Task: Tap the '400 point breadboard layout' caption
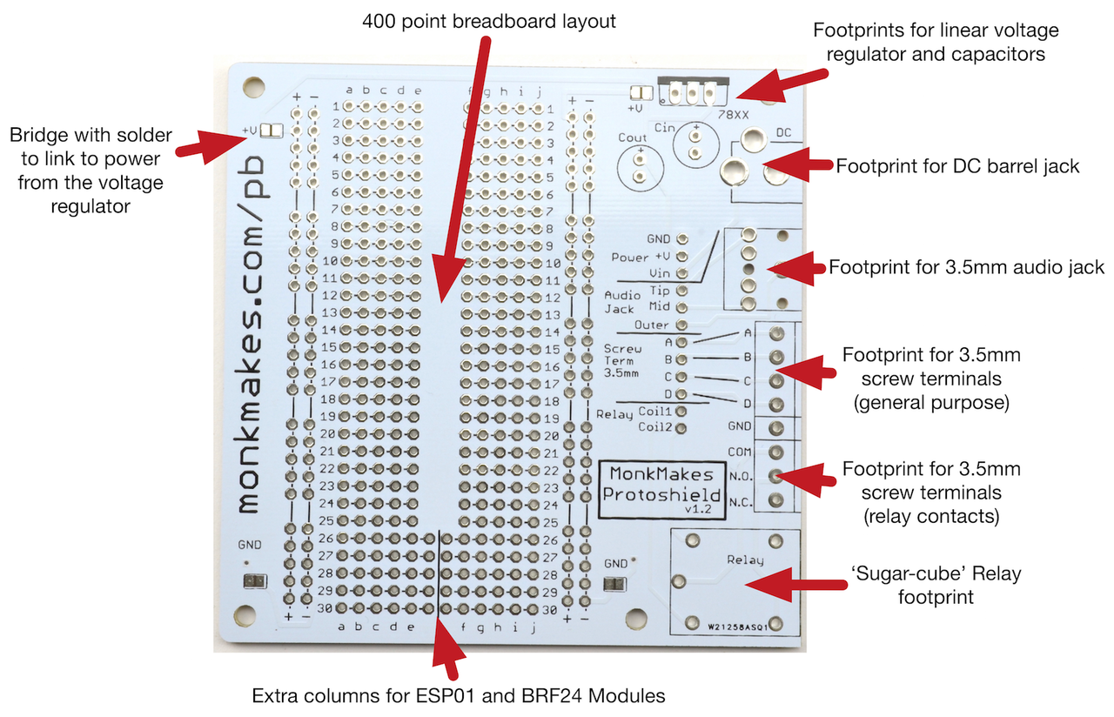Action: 489,22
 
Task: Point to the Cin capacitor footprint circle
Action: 695,144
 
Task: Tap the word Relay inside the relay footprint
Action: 744,560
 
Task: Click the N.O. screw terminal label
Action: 741,476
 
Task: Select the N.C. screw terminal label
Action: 741,501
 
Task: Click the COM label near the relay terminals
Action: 740,452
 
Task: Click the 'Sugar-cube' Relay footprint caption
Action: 935,585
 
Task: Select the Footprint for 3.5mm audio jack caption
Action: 966,267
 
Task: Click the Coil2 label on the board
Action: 654,427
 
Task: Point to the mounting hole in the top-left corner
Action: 253,86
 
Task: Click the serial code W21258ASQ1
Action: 736,625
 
